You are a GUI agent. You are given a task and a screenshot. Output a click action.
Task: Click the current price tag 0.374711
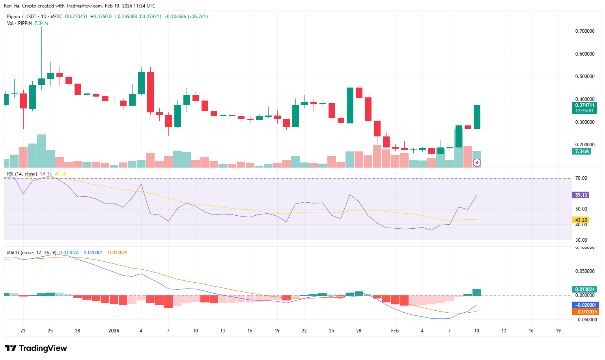[x=584, y=105]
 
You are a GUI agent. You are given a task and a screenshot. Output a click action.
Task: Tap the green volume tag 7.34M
[x=582, y=151]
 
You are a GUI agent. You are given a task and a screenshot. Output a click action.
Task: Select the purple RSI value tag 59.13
[x=581, y=195]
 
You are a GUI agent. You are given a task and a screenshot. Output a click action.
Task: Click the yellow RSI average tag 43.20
[x=581, y=220]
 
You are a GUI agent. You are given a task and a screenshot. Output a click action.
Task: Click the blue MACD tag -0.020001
[x=585, y=305]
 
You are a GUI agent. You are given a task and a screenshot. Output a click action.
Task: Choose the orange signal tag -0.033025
[x=585, y=312]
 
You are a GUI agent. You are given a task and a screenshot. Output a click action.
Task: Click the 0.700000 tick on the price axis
[x=584, y=31]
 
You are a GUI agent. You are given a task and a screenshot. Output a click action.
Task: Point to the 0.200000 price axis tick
[x=584, y=145]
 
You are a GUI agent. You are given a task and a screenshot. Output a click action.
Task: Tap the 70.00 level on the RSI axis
[x=581, y=178]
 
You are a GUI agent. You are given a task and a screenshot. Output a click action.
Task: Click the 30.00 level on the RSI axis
[x=581, y=240]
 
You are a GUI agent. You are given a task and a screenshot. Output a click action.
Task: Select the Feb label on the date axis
[x=395, y=331]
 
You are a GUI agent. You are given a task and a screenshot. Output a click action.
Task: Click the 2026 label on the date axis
[x=114, y=331]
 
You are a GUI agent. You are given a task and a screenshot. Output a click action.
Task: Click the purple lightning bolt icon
[x=477, y=162]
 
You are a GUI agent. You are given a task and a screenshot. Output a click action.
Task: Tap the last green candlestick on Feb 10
[x=477, y=117]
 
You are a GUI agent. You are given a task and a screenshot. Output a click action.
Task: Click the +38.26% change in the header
[x=198, y=17]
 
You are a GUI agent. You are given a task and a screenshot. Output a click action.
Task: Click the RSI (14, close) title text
[x=22, y=174]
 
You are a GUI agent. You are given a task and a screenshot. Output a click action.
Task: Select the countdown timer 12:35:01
[x=584, y=111]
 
